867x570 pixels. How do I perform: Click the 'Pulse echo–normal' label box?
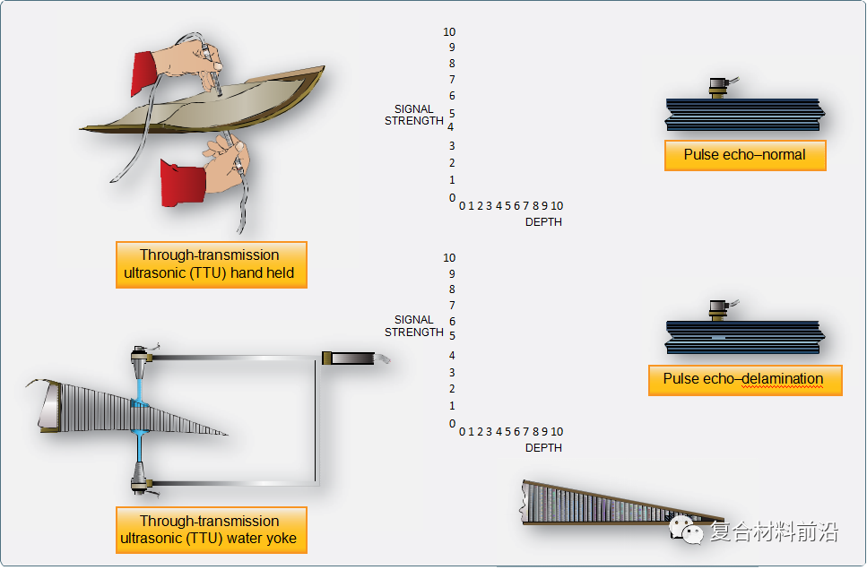pyautogui.click(x=745, y=155)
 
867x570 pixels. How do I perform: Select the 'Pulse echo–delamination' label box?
pyautogui.click(x=745, y=380)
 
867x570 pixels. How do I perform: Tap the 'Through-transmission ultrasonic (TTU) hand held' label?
pyautogui.click(x=212, y=264)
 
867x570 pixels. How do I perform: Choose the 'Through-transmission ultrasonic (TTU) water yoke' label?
pyautogui.click(x=212, y=530)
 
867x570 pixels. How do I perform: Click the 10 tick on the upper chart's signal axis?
pyautogui.click(x=449, y=32)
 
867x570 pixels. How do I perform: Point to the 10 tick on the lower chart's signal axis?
pyautogui.click(x=449, y=257)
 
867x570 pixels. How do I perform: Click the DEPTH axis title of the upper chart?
pyautogui.click(x=543, y=222)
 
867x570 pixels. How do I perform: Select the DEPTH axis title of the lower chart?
pyautogui.click(x=543, y=448)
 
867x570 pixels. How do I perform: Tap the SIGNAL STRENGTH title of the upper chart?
pyautogui.click(x=414, y=115)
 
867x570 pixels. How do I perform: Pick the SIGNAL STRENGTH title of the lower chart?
pyautogui.click(x=414, y=326)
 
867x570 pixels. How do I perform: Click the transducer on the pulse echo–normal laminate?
pyautogui.click(x=719, y=88)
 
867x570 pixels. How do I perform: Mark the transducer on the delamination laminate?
pyautogui.click(x=718, y=311)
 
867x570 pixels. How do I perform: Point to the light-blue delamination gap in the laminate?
pyautogui.click(x=718, y=337)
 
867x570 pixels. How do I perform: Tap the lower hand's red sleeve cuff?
pyautogui.click(x=183, y=183)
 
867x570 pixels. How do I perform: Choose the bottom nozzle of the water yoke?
pyautogui.click(x=141, y=479)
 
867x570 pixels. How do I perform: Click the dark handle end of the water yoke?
pyautogui.click(x=349, y=358)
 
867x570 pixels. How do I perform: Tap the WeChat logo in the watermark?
pyautogui.click(x=686, y=530)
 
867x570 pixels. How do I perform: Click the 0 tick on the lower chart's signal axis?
pyautogui.click(x=452, y=424)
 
